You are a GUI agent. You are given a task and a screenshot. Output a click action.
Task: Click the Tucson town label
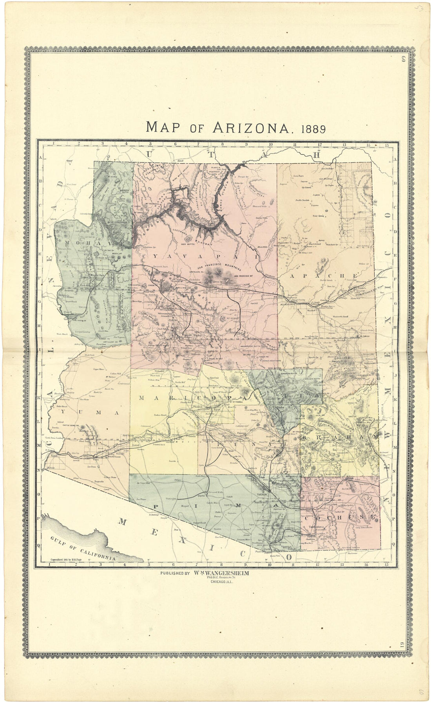click(x=261, y=494)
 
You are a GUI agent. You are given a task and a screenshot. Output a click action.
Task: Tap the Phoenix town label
click(x=197, y=407)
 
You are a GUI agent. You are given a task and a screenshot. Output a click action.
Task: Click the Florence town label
click(x=244, y=433)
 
